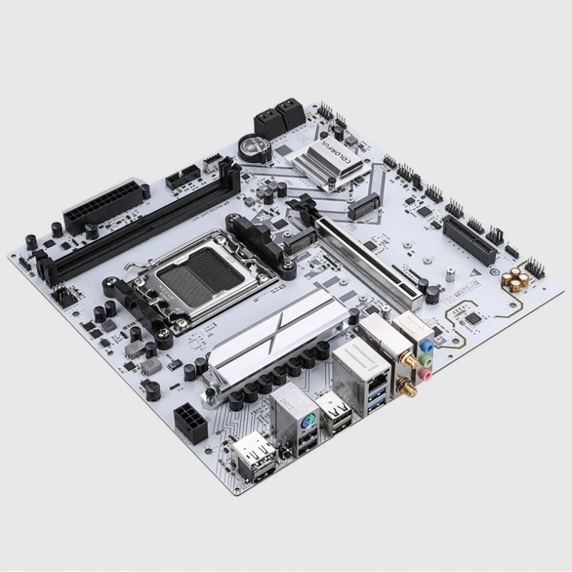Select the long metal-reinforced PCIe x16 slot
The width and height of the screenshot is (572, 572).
367,260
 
